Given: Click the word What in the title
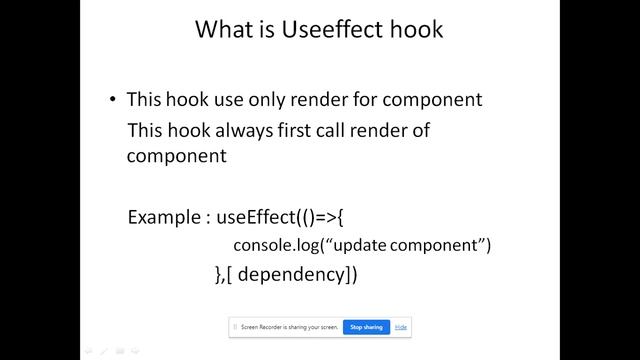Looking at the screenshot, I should click(224, 30).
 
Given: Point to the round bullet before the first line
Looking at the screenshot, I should click(113, 100).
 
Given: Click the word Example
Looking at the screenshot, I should click(163, 217).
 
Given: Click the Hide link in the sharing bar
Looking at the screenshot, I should click(400, 327).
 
